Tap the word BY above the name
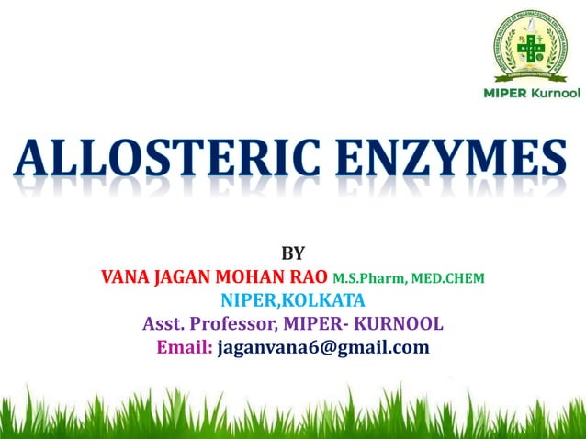click(x=292, y=253)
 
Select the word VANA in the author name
click(x=125, y=276)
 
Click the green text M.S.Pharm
click(x=365, y=277)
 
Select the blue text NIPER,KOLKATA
click(x=293, y=300)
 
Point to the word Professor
click(x=233, y=324)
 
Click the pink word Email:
click(x=185, y=348)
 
